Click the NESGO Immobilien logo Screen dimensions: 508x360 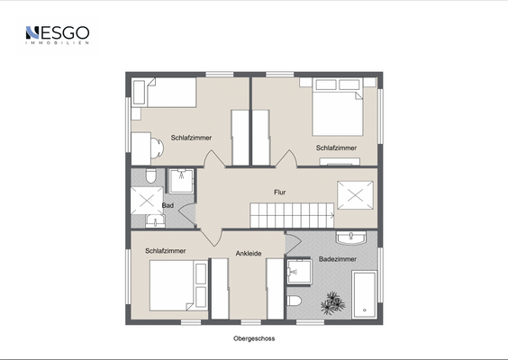[58, 35]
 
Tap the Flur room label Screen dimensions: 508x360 [280, 193]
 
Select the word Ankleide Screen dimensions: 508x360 [249, 254]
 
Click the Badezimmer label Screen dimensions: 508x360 [338, 259]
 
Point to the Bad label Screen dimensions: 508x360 [168, 205]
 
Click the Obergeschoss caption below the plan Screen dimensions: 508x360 [254, 338]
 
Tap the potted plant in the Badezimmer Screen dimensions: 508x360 [332, 303]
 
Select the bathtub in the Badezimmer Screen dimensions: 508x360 [365, 294]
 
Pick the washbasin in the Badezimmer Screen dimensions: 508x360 [351, 238]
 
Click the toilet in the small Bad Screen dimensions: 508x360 [150, 175]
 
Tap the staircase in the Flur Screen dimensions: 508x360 [292, 215]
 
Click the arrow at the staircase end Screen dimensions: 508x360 [332, 215]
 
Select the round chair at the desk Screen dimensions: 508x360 [157, 148]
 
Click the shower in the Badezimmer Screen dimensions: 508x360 [300, 271]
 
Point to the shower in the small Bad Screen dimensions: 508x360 [181, 181]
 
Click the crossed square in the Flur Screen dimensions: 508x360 [356, 195]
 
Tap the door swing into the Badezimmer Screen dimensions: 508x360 [294, 244]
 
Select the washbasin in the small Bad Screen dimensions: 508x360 [155, 221]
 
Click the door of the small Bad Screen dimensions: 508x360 [188, 215]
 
